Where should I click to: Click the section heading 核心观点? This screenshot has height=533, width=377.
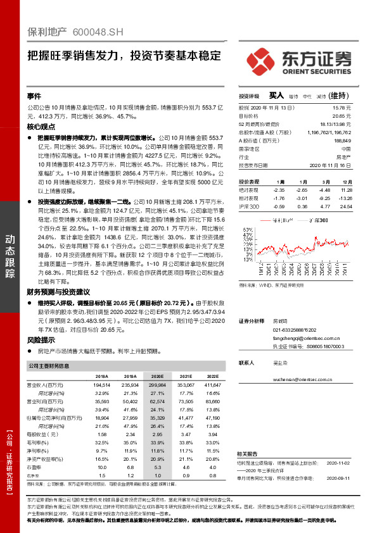[42, 127]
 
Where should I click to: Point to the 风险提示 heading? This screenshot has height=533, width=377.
[42, 339]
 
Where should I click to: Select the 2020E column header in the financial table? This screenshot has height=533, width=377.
[158, 376]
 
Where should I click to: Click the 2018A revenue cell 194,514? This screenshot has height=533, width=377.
[101, 384]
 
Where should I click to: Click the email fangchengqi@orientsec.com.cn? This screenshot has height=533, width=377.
[299, 339]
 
